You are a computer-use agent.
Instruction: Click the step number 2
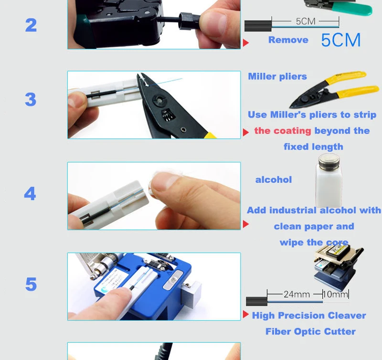31,25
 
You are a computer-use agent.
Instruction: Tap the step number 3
31,99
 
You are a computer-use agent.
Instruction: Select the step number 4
30,193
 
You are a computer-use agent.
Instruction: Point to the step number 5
31,284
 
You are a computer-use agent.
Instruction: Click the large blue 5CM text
340,40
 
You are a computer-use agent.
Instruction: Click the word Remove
288,40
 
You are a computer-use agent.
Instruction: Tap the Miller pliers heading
277,76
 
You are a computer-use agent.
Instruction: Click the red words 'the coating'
283,131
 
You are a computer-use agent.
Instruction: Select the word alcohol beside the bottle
273,180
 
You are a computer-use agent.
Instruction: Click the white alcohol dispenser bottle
329,181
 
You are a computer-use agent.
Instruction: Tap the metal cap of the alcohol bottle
329,161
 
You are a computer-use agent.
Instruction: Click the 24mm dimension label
297,295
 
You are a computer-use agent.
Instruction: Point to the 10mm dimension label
336,295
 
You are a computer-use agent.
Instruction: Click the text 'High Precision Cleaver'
309,316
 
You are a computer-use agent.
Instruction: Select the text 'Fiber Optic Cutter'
310,332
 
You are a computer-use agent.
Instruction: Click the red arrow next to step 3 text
245,132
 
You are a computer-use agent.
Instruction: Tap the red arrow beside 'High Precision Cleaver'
245,315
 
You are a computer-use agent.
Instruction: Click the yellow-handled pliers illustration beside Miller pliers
334,89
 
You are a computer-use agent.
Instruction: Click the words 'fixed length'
313,147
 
